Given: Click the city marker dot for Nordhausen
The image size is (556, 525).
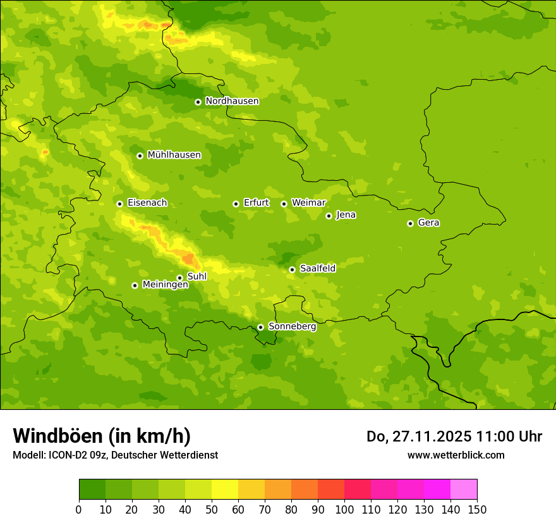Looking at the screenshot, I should click(198, 102).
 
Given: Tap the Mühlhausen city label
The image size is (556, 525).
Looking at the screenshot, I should click(174, 155).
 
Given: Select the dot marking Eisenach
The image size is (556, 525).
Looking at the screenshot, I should click(119, 204).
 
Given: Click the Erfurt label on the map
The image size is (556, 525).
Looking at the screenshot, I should click(256, 203).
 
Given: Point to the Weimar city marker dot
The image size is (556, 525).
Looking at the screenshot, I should click(284, 204).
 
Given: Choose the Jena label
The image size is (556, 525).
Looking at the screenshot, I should click(346, 215).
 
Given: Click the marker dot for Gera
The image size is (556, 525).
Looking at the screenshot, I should click(410, 223).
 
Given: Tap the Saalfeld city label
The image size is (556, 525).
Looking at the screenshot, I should click(317, 269).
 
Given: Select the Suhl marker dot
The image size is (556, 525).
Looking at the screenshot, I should click(179, 278).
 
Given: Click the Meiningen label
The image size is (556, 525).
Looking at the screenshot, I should click(165, 285).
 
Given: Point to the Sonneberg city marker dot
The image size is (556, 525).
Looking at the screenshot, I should click(260, 327).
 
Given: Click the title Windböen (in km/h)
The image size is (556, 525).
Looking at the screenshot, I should click(102, 436).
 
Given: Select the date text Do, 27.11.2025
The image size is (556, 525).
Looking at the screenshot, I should click(419, 436).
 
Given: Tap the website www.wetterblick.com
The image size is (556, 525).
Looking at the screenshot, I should click(456, 455).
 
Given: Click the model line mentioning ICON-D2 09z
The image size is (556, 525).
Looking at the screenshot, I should click(115, 455).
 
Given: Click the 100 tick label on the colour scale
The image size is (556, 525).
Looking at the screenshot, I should click(344, 509).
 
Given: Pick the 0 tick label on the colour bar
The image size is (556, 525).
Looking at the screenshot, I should click(79, 509).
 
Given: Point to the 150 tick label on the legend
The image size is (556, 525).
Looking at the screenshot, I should click(477, 509).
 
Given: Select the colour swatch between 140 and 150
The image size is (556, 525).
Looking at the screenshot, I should click(464, 490).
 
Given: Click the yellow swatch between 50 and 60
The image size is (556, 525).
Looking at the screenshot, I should click(225, 490).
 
